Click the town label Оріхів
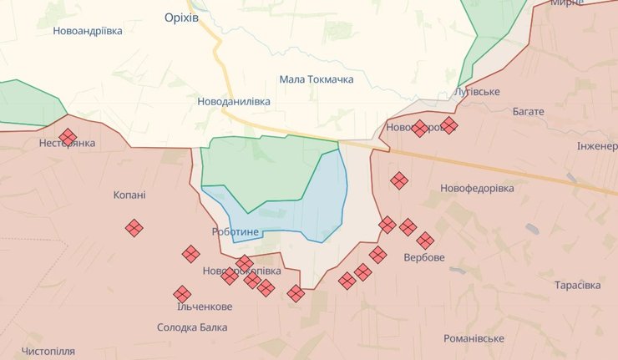click(x=181, y=18)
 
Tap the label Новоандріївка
click(x=88, y=31)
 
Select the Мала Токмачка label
click(x=317, y=79)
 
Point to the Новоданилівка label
click(x=234, y=101)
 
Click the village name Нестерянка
click(x=67, y=144)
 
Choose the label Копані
click(x=129, y=195)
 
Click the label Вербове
click(x=424, y=256)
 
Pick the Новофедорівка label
click(x=478, y=188)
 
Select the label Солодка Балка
click(x=192, y=327)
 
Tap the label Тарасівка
click(x=577, y=286)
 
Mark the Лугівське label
click(x=476, y=91)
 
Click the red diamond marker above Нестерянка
click(x=68, y=136)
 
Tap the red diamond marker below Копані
click(x=134, y=227)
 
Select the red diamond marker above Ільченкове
click(x=182, y=293)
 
